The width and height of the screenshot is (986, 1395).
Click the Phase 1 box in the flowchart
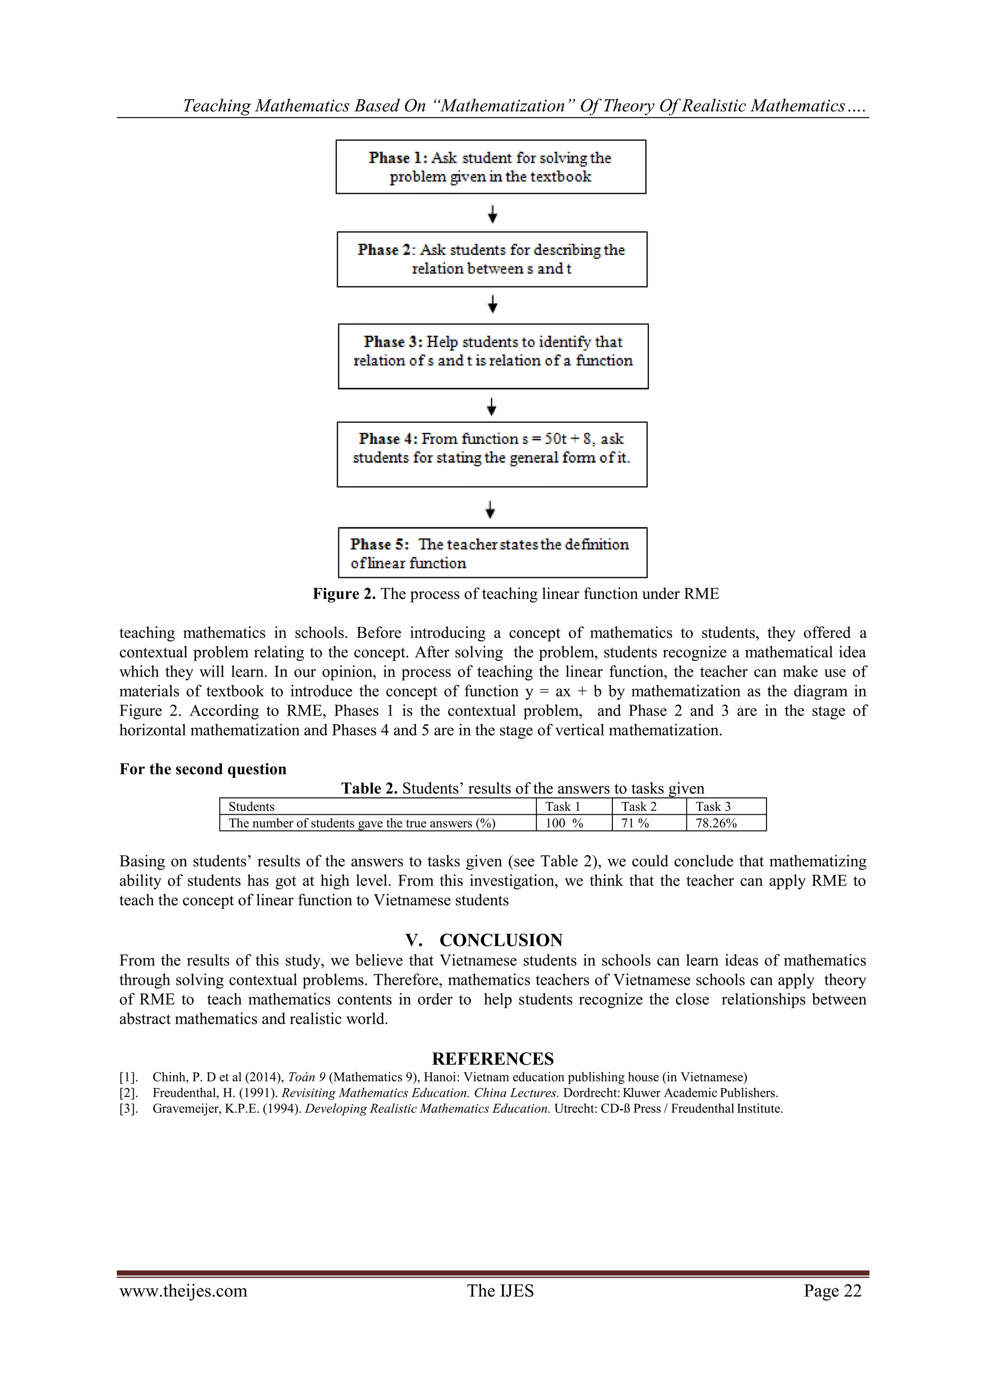[490, 167]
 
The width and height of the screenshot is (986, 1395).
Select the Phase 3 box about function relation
[493, 356]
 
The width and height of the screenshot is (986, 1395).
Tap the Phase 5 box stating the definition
[492, 552]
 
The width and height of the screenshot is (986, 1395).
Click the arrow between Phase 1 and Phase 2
[493, 214]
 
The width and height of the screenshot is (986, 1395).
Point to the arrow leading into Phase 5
[490, 508]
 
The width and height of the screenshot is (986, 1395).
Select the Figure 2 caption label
[344, 594]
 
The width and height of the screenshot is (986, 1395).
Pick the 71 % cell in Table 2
[635, 823]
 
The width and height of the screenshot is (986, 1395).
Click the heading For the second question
[202, 769]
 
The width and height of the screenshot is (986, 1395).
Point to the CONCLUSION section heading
[501, 940]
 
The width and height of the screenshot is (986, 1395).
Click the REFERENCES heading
[493, 1059]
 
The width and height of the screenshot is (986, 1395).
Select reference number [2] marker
[128, 1093]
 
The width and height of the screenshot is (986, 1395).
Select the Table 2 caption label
[369, 789]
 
